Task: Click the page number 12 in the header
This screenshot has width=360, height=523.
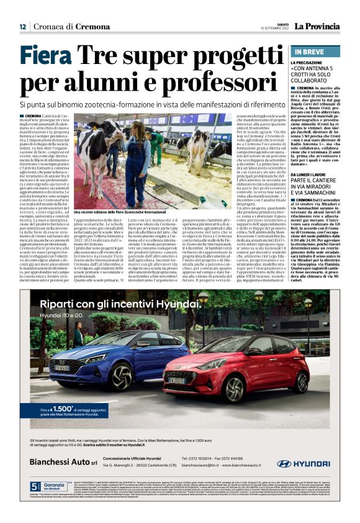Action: pos(22,27)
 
